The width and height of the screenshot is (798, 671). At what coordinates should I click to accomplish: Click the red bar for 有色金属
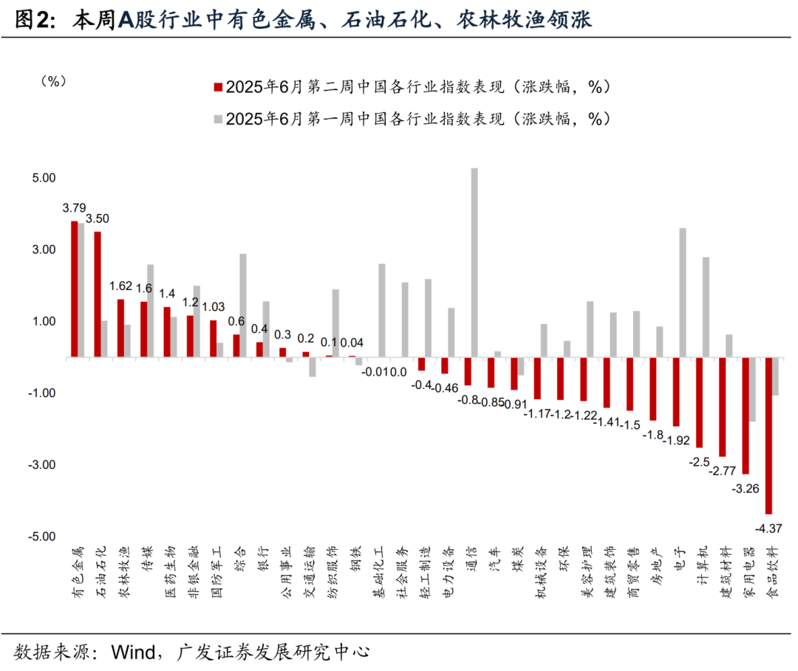(75, 289)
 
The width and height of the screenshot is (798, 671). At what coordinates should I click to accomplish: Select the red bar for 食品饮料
(768, 436)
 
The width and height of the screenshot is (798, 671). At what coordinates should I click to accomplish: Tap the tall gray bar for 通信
(474, 263)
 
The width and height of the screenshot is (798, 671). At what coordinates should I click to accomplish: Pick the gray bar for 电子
(682, 292)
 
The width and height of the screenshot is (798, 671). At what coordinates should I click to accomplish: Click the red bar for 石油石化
(98, 295)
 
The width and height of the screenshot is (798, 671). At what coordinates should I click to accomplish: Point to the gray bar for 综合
(243, 306)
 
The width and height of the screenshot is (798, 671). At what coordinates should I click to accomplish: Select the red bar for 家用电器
(746, 416)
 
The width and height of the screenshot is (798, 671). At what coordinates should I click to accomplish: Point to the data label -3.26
(744, 488)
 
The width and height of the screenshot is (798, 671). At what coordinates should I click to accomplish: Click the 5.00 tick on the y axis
(44, 178)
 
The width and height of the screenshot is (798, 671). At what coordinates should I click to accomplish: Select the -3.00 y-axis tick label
(42, 465)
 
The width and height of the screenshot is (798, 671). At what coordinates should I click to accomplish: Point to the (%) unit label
(53, 81)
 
